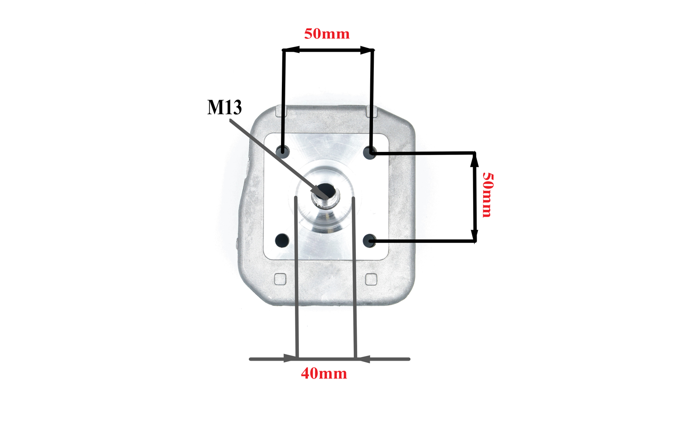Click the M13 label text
pos(224,107)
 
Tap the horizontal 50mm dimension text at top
pos(327,34)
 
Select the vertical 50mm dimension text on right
pos(487,195)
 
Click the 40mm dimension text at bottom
pos(324,373)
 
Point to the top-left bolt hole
pos(283,152)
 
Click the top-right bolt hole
pos(370,152)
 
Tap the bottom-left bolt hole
pos(282,240)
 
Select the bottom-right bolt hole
pos(370,240)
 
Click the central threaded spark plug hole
pos(326,191)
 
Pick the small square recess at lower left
pos(280,279)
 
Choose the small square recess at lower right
pos(371,279)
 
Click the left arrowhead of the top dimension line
pos(291,50)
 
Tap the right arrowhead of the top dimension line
pos(366,50)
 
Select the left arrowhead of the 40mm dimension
pos(290,359)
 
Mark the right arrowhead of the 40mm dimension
pos(363,359)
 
